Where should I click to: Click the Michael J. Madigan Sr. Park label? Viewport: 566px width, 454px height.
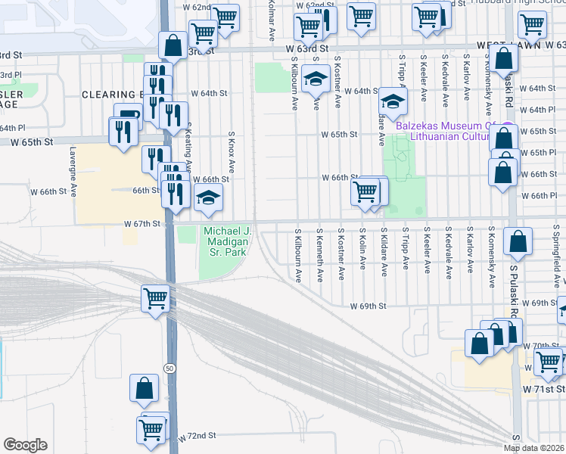coord(225,241)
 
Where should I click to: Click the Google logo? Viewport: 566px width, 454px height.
coord(26,445)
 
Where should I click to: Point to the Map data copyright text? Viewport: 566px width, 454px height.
coord(534,448)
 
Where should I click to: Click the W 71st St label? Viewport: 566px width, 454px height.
coord(543,387)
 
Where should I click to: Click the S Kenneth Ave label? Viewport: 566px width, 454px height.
coord(321,254)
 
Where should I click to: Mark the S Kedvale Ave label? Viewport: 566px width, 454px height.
coord(449,250)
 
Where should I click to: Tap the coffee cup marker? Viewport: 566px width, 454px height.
coord(127,117)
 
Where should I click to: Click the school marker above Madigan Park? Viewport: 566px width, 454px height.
coord(208,199)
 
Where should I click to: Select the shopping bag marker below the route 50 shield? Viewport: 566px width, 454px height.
coord(145,389)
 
